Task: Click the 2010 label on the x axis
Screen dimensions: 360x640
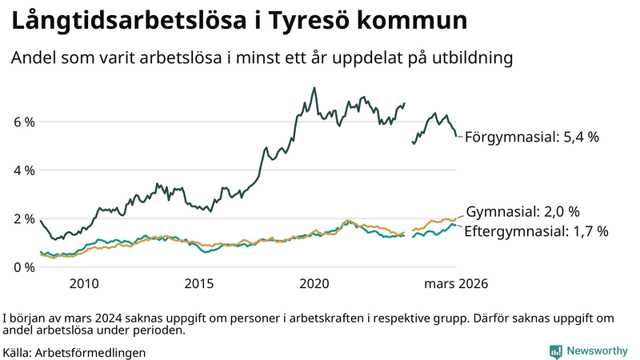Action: coord(84,284)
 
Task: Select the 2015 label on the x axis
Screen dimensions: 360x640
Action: coord(199,284)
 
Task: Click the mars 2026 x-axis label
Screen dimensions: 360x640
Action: coord(456,284)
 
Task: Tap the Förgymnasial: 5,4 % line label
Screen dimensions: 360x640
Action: coord(531,137)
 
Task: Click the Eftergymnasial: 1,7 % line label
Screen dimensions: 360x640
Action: coord(536,231)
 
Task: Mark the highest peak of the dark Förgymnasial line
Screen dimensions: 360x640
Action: coord(314,88)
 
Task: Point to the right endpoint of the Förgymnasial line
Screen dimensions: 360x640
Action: coord(456,135)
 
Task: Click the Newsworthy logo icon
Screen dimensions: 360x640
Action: coord(555,351)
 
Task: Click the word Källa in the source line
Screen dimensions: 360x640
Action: coord(17,352)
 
